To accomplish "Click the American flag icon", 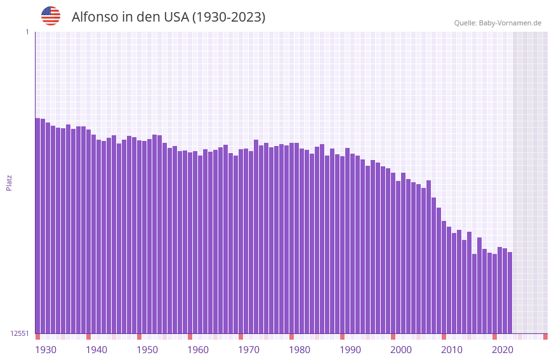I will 51,16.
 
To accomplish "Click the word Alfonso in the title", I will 94,17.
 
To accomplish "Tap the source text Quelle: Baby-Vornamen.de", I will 498,23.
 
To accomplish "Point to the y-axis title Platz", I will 9,182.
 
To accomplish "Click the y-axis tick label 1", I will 27,32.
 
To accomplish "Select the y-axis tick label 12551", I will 20,333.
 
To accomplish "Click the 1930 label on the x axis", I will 46,350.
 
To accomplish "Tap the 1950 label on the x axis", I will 147,350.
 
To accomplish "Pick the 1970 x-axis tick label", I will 249,350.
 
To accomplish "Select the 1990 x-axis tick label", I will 350,350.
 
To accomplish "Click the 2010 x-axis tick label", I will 452,350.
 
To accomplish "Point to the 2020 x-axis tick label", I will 503,350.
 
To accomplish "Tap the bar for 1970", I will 241,241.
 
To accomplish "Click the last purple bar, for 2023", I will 510,292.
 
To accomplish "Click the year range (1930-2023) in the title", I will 228,17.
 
